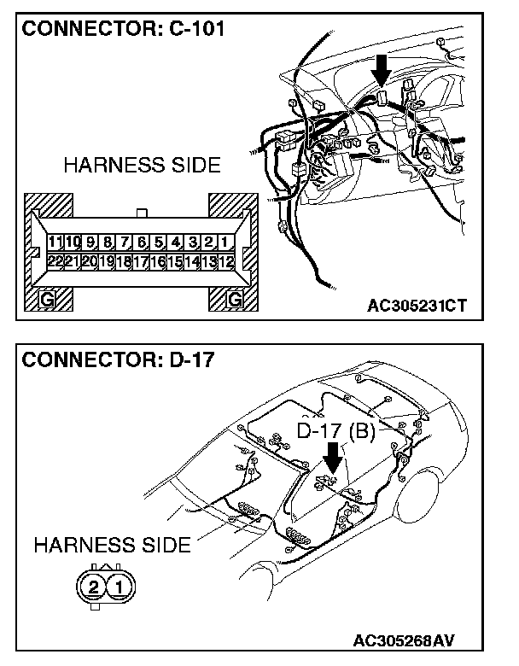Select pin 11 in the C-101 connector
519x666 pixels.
click(x=56, y=242)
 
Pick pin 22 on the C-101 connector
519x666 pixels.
click(x=56, y=261)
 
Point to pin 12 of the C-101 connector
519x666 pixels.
click(x=225, y=261)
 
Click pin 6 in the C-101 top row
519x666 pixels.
click(x=142, y=242)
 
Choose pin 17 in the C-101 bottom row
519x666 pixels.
click(x=142, y=261)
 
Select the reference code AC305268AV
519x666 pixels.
click(x=417, y=639)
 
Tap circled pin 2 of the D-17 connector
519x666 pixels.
click(x=92, y=587)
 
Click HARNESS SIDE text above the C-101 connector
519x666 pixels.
click(x=142, y=165)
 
